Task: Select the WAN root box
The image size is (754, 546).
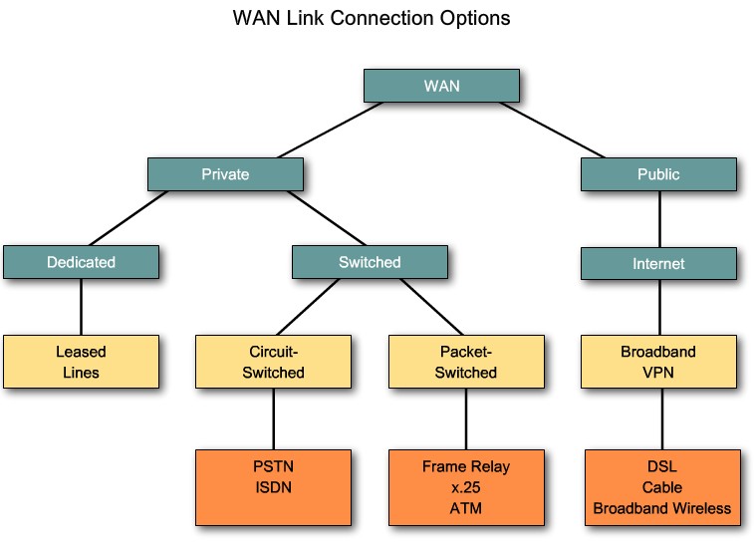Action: coord(441,85)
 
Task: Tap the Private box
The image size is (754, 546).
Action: coord(225,173)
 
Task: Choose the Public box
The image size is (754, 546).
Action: coord(658,173)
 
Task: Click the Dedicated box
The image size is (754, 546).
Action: coord(81,262)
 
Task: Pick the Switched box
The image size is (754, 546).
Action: coord(370,262)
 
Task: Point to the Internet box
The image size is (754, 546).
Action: coord(658,264)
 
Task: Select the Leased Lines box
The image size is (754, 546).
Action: coord(81,362)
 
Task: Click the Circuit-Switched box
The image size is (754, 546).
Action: coord(273,362)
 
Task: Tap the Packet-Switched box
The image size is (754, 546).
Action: coord(466,362)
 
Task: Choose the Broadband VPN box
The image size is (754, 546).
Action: coord(658,362)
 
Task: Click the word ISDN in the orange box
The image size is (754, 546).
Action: coord(273,486)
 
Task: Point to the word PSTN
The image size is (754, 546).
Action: coord(273,466)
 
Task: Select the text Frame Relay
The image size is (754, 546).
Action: coord(466,465)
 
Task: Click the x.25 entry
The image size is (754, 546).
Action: coord(466,486)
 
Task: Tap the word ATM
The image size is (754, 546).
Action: coord(466,508)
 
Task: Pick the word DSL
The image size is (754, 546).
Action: coord(661,465)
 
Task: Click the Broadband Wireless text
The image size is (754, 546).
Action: coord(661,508)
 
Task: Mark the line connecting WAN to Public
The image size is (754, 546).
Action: coord(558,130)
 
